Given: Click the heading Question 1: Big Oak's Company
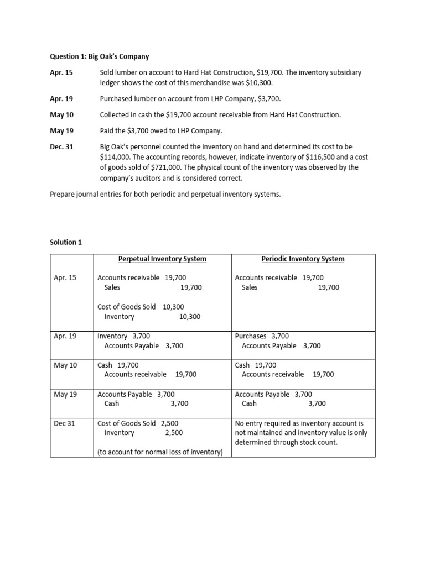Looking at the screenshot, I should pyautogui.click(x=100, y=56).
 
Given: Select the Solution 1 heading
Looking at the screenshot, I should pyautogui.click(x=65, y=242).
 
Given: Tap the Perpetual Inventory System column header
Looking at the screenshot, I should pyautogui.click(x=162, y=259).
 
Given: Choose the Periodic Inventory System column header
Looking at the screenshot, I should pyautogui.click(x=303, y=259).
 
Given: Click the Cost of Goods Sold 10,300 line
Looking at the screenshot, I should pyautogui.click(x=141, y=307).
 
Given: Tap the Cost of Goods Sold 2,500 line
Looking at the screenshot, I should pyautogui.click(x=138, y=423).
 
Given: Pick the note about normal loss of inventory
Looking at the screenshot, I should pyautogui.click(x=160, y=452).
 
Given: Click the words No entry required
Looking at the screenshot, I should pyautogui.click(x=262, y=423).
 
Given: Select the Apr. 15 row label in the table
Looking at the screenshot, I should pyautogui.click(x=65, y=278).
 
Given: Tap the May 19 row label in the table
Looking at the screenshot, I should pyautogui.click(x=65, y=395).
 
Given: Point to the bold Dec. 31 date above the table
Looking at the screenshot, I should pyautogui.click(x=61, y=147).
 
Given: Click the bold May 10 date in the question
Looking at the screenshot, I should pyautogui.click(x=61, y=115).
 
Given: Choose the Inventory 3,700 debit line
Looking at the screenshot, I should pyautogui.click(x=123, y=336).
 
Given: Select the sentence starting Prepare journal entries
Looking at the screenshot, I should pyautogui.click(x=165, y=194).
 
